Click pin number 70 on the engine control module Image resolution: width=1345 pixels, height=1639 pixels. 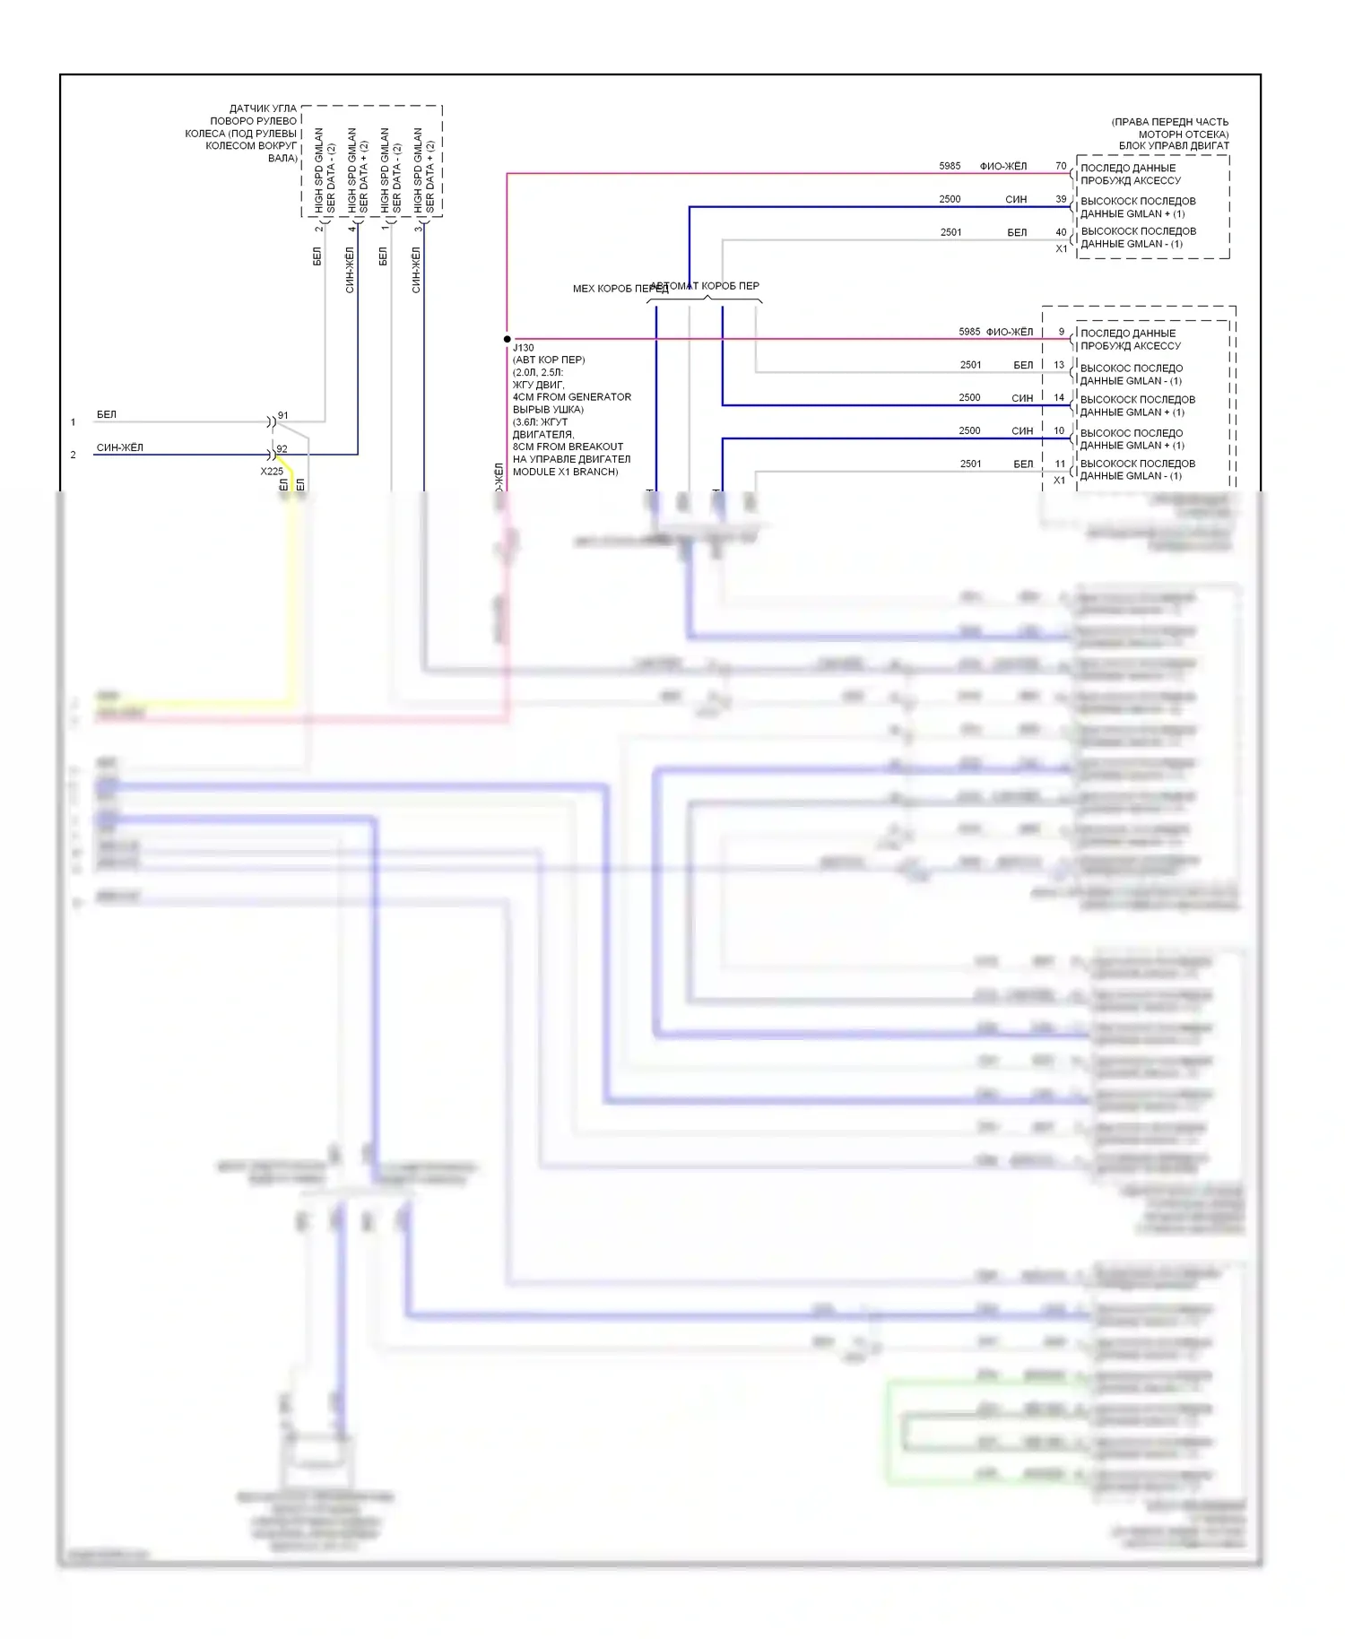coord(1061,166)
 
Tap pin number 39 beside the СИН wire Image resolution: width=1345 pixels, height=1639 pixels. coord(1061,199)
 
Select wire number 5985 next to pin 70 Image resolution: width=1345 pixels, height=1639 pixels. coord(950,166)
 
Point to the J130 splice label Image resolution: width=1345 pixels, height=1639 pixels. coord(524,348)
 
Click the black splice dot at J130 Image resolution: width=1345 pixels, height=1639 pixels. coord(508,339)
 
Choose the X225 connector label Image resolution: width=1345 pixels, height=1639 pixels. coord(272,471)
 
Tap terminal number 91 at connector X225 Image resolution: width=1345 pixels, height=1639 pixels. coord(283,415)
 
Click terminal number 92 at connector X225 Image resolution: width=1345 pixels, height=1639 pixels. coord(282,448)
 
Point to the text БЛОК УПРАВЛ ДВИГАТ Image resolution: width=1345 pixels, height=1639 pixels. coord(1173,145)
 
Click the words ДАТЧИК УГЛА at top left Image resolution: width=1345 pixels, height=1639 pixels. coord(263,108)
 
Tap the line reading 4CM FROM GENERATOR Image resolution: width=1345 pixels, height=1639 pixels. coord(571,397)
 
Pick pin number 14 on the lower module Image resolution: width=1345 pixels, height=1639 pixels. coord(1059,397)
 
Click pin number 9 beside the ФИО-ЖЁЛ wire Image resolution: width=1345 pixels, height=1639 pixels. coord(1062,332)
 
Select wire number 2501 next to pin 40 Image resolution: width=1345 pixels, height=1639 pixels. coord(950,232)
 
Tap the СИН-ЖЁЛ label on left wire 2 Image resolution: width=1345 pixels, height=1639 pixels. coord(120,447)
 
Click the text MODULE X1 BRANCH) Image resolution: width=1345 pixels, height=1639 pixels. coord(565,472)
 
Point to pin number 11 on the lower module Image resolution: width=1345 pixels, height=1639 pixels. coord(1060,464)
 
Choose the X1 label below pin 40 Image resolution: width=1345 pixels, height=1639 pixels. coord(1062,248)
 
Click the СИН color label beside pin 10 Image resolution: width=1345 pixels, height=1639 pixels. coord(1022,430)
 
